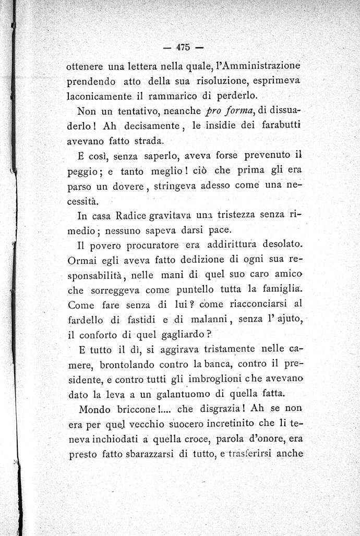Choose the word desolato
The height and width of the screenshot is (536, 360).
click(276, 244)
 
